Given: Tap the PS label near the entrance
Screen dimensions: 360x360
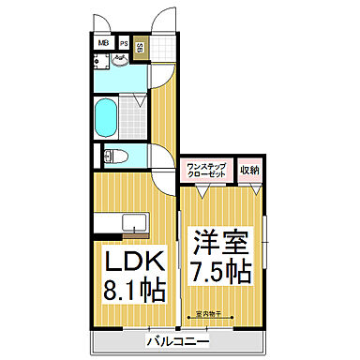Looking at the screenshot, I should [x=123, y=43].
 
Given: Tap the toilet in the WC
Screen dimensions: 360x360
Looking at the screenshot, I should [x=111, y=155].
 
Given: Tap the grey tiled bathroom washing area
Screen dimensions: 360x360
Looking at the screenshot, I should [x=134, y=115].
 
